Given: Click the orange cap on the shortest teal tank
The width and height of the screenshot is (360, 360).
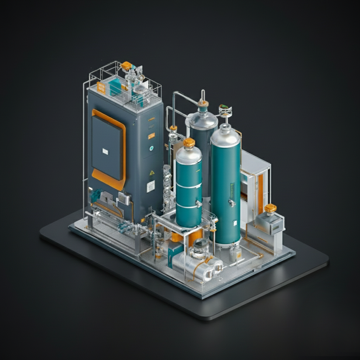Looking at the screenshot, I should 189,142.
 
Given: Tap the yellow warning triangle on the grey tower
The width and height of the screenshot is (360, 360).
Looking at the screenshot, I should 152,173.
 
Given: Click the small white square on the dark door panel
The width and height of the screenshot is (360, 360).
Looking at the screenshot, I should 105,151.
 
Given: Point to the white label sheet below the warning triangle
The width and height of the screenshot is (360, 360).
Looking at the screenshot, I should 151,186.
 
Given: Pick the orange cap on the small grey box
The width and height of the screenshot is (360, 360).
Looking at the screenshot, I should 270,208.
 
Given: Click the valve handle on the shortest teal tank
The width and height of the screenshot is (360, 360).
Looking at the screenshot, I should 199,204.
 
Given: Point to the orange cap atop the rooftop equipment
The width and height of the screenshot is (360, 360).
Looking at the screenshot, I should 126,66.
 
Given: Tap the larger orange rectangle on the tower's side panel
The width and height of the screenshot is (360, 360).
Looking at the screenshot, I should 152,136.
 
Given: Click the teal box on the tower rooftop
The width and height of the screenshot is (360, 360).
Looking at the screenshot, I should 115,86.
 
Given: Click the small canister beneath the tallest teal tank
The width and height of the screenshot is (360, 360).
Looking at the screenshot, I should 235,253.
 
